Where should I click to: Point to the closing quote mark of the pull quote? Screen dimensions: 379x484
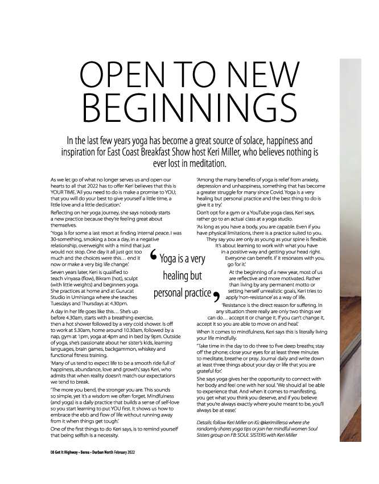216,296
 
